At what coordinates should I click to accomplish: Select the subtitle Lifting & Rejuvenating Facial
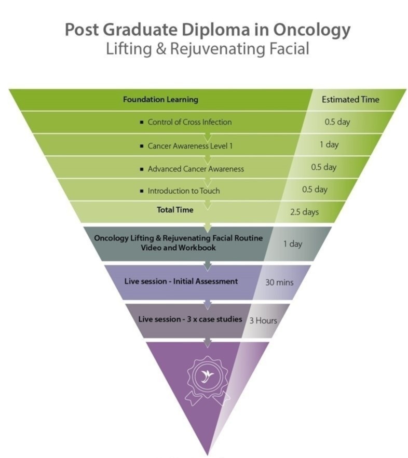click(x=207, y=49)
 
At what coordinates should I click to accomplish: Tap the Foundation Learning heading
click(x=160, y=100)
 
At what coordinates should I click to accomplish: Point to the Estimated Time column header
click(x=350, y=100)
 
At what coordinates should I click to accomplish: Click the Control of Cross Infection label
click(x=189, y=123)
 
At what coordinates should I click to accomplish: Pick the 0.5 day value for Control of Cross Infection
click(x=337, y=123)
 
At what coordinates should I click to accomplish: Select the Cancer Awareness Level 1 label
click(x=190, y=146)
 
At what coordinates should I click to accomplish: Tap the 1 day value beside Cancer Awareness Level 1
click(x=329, y=144)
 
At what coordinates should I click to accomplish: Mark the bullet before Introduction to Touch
click(x=142, y=191)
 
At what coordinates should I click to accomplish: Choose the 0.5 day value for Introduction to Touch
click(x=315, y=190)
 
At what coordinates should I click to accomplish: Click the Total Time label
click(x=175, y=210)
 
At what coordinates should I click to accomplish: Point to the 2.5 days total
click(x=305, y=212)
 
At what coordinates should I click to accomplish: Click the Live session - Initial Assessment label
click(x=181, y=281)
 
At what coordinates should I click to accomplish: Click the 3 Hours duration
click(x=263, y=320)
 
